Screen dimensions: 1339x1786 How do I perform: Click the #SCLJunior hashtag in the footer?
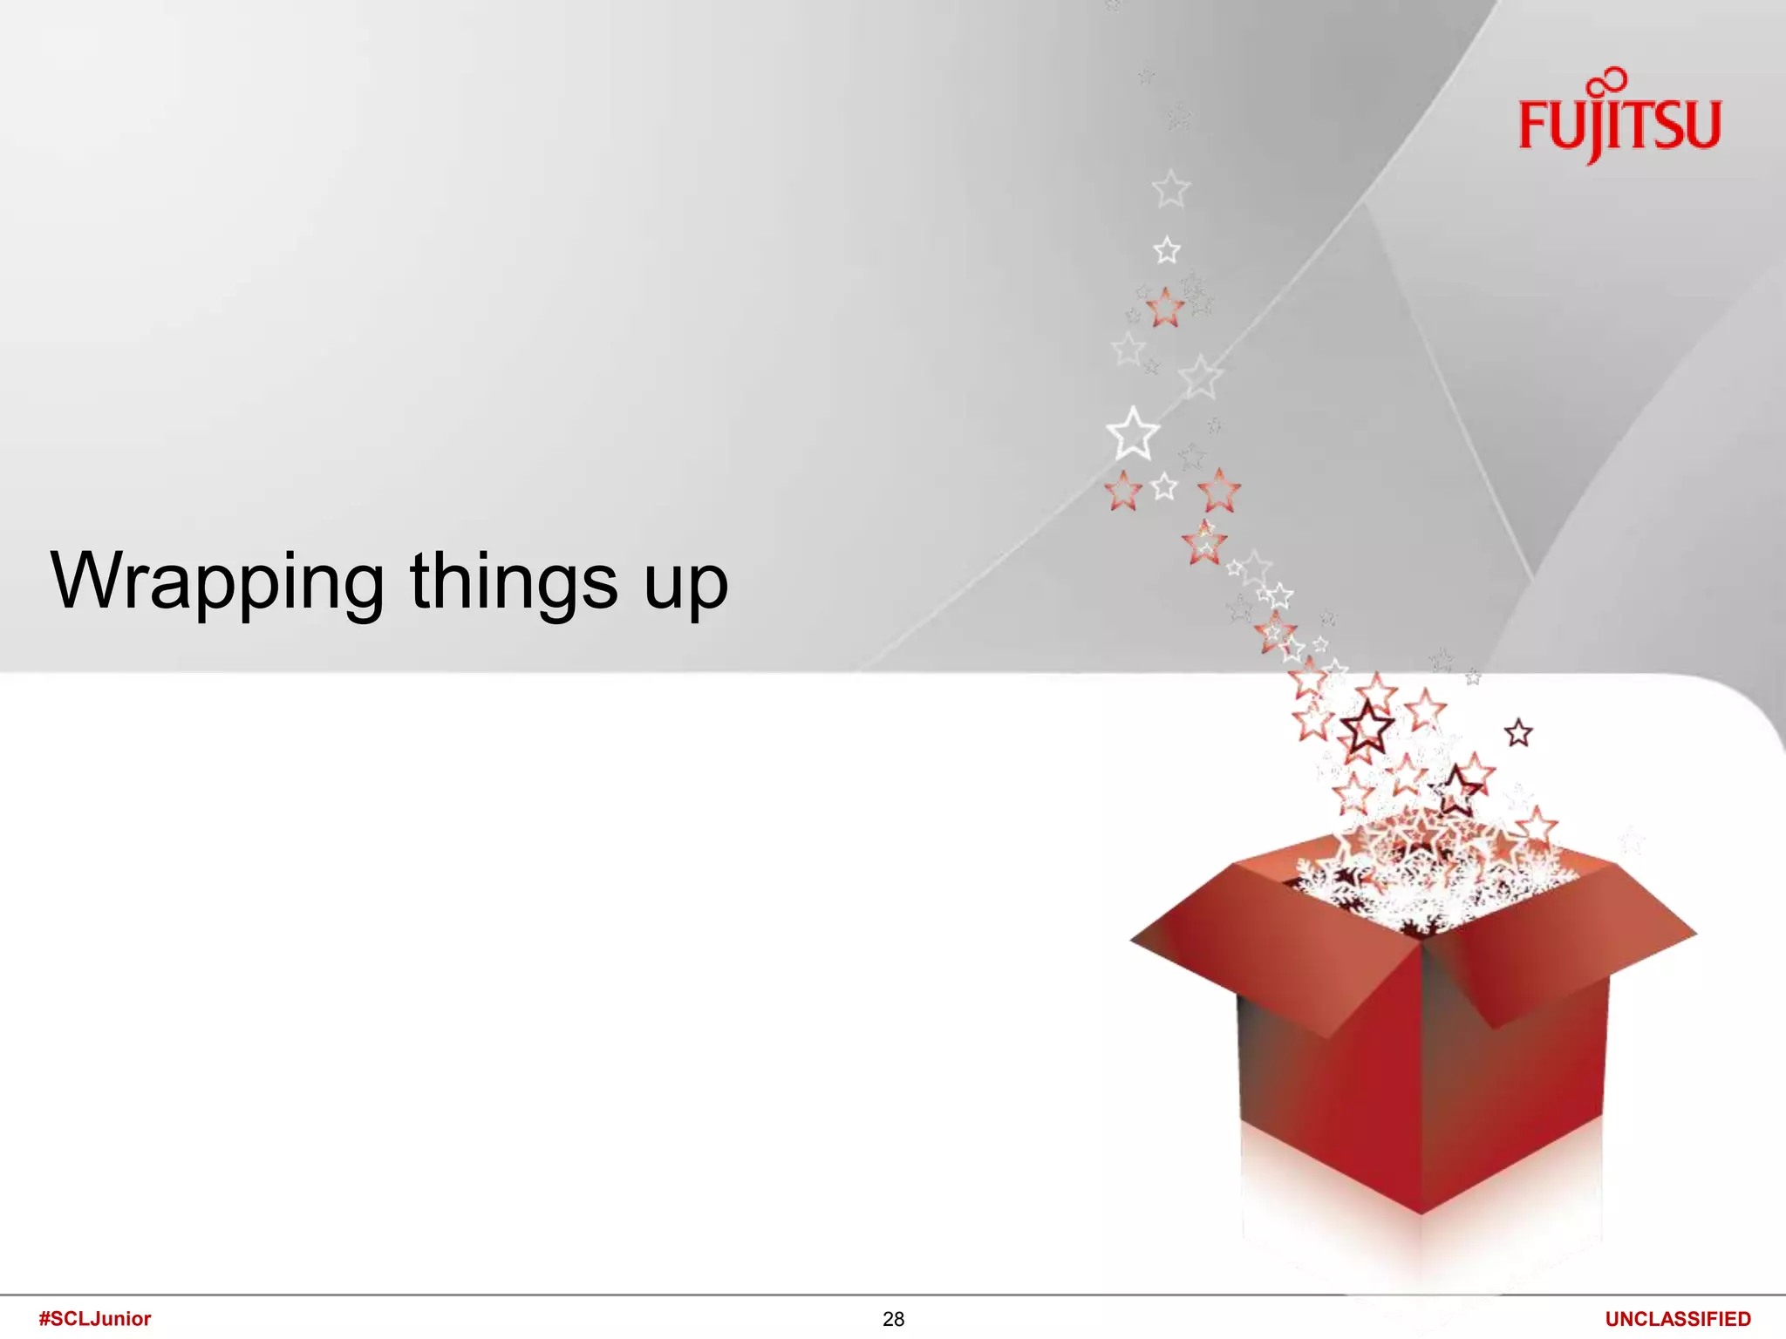(95, 1318)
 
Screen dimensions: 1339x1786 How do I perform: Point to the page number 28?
(893, 1319)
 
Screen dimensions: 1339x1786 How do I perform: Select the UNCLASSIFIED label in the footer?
(1678, 1319)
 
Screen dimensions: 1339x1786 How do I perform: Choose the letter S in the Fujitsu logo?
(1667, 126)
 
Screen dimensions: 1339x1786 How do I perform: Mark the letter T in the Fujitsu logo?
(1636, 126)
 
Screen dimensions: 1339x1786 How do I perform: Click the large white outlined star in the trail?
(1133, 434)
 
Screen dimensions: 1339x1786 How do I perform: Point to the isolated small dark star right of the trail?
(1518, 733)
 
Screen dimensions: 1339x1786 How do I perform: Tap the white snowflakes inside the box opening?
(1430, 889)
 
